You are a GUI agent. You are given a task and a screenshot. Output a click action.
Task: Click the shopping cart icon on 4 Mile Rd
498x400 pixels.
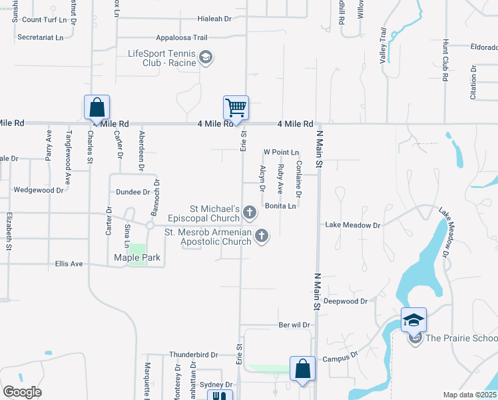(x=236, y=107)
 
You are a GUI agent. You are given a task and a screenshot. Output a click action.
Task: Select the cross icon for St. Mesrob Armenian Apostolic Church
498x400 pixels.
(x=262, y=235)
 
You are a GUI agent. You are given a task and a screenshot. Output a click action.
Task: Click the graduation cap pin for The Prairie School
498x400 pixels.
(x=413, y=320)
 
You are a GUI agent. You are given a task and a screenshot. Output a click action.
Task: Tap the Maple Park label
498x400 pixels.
(x=137, y=257)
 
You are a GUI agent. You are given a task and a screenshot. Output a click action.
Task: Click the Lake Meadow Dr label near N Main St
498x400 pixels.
(x=352, y=225)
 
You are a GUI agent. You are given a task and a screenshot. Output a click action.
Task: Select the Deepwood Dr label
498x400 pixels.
(x=346, y=301)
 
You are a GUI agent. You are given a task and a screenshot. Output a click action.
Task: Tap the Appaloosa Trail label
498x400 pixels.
(x=182, y=38)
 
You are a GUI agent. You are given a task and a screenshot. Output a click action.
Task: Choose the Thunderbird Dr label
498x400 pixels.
(x=194, y=355)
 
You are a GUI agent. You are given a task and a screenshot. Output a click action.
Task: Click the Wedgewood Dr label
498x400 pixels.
(x=39, y=190)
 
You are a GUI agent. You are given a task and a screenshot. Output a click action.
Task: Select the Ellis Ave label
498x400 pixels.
(x=69, y=264)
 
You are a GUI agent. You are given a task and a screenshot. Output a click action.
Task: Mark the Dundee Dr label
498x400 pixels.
(x=133, y=191)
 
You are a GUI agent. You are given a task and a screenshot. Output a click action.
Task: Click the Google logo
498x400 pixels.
(x=22, y=392)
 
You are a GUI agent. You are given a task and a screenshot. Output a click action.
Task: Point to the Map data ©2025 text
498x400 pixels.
(x=469, y=395)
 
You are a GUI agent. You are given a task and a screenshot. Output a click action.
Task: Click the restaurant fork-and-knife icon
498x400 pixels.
(x=219, y=396)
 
